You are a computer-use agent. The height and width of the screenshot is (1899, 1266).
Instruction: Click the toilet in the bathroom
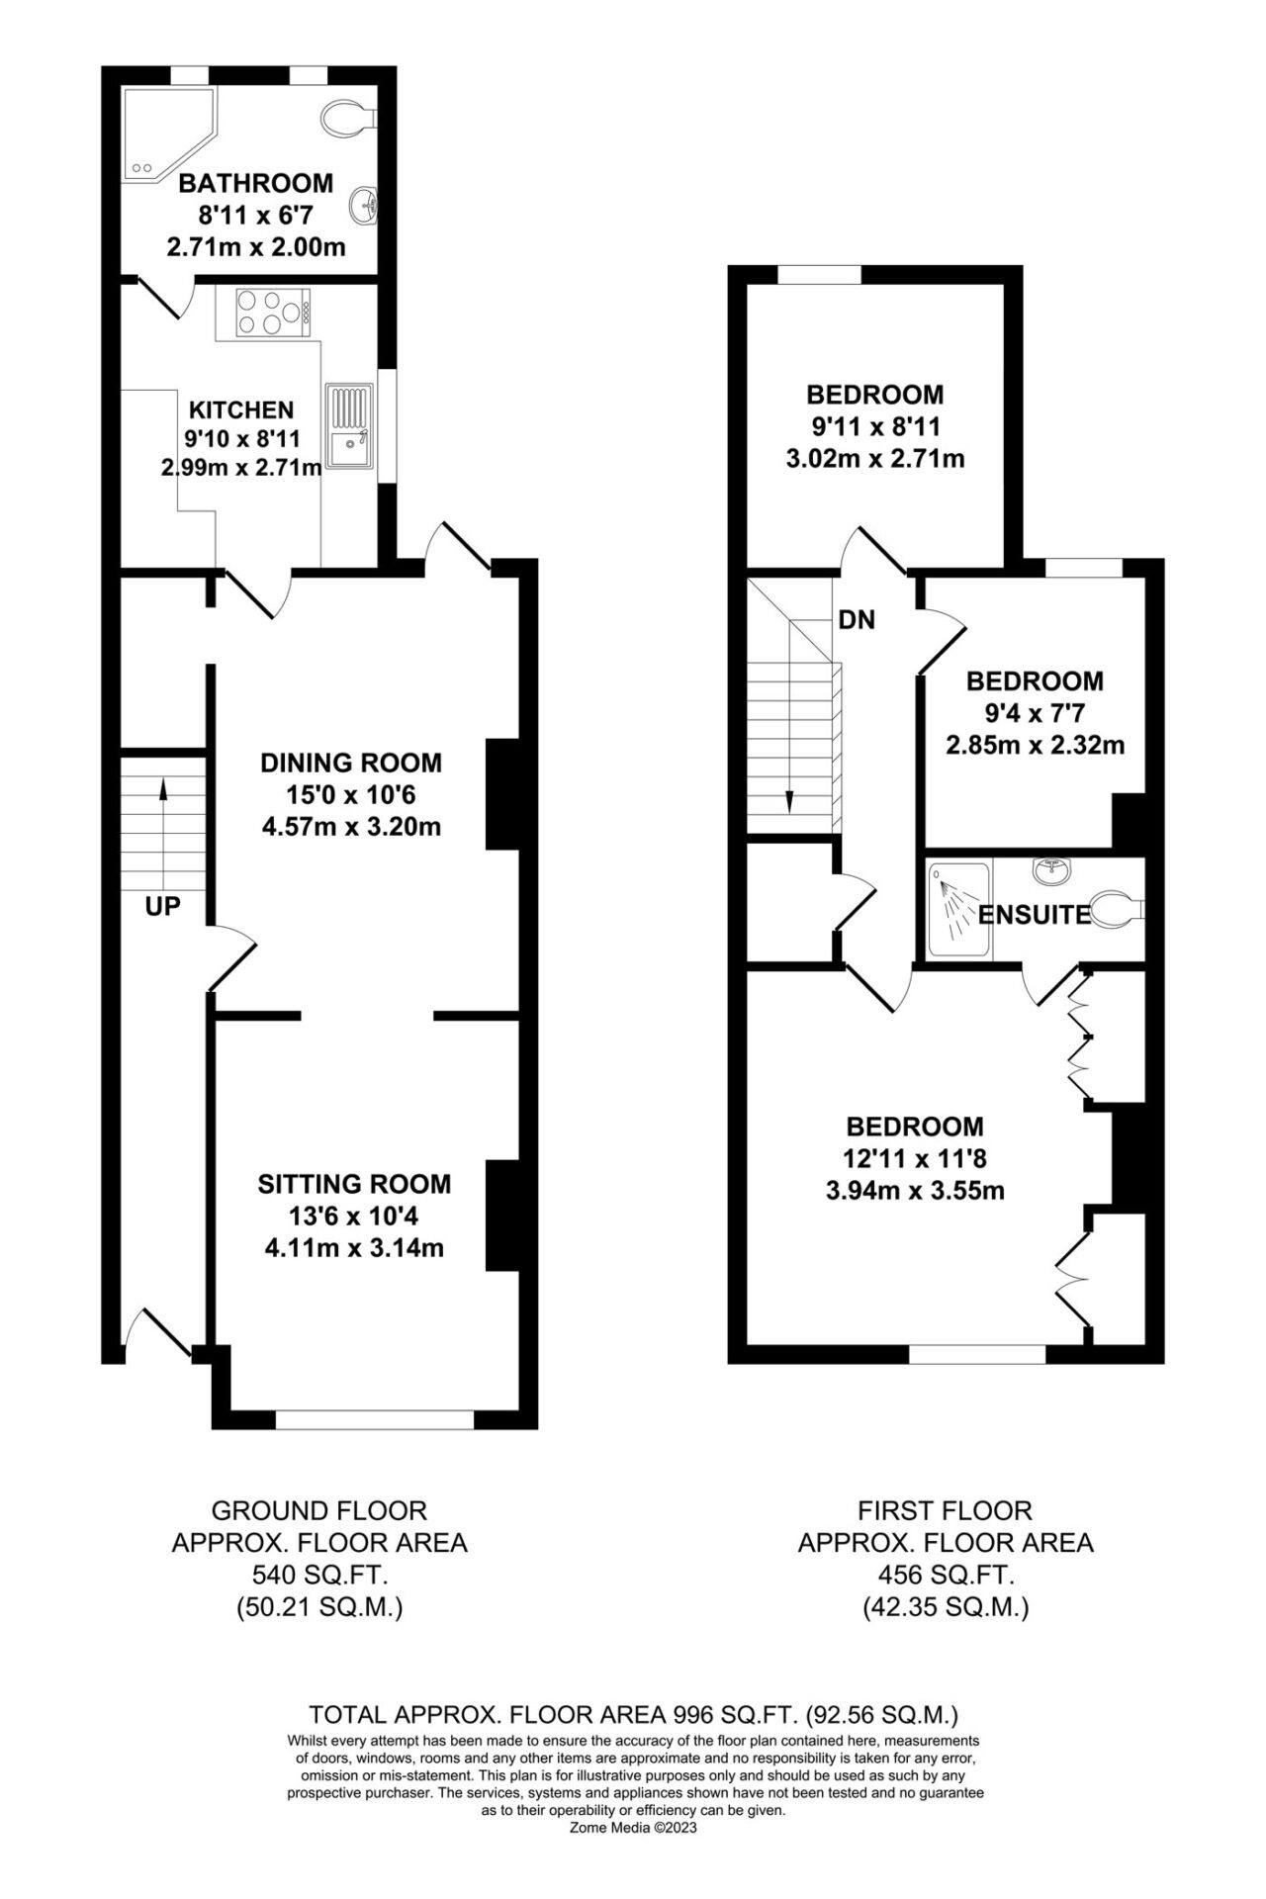click(347, 117)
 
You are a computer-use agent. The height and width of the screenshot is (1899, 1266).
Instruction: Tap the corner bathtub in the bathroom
click(165, 135)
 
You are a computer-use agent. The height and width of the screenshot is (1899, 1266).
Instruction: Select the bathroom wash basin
click(365, 205)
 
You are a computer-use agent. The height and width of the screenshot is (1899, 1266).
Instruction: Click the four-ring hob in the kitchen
click(272, 312)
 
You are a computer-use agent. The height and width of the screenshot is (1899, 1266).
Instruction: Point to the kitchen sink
click(351, 427)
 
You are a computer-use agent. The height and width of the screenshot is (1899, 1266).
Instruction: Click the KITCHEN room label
click(241, 409)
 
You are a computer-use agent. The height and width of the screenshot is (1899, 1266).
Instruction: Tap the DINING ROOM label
click(351, 763)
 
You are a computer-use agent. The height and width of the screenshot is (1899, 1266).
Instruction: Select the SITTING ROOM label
click(354, 1184)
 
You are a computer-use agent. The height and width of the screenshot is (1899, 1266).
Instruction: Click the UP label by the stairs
click(163, 905)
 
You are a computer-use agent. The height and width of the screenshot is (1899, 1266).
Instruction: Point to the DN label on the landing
click(857, 620)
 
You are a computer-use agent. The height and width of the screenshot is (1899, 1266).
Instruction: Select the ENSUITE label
click(1035, 915)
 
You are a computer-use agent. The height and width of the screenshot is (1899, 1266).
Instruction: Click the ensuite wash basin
click(1050, 870)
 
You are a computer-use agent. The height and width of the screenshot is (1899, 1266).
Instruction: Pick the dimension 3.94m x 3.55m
click(915, 1191)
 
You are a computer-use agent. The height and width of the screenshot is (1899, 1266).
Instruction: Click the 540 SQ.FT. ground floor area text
click(319, 1576)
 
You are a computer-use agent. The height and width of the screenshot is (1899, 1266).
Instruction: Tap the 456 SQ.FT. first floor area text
click(946, 1576)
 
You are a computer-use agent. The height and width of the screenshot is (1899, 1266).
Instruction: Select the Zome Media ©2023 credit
click(634, 1828)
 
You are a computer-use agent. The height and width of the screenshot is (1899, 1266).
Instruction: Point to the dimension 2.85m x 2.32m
click(1035, 745)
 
